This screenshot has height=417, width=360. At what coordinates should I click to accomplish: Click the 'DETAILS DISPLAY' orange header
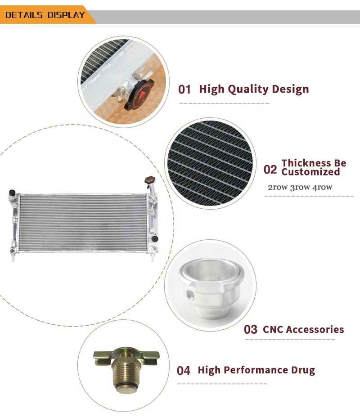coord(45,15)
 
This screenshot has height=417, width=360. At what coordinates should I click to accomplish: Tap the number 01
coord(184,90)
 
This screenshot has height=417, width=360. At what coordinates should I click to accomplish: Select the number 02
coord(270,170)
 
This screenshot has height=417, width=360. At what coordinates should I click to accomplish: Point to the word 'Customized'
coord(310,172)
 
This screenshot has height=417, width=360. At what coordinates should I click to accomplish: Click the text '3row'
coord(300,187)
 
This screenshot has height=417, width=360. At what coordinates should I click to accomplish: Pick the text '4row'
coord(322,187)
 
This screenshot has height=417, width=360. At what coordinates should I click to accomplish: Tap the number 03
coord(251,330)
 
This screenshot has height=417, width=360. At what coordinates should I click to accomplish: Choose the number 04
coord(184,371)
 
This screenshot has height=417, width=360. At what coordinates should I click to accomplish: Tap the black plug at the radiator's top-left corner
coord(12,193)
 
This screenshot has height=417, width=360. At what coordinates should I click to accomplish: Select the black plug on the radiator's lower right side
coord(155,238)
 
